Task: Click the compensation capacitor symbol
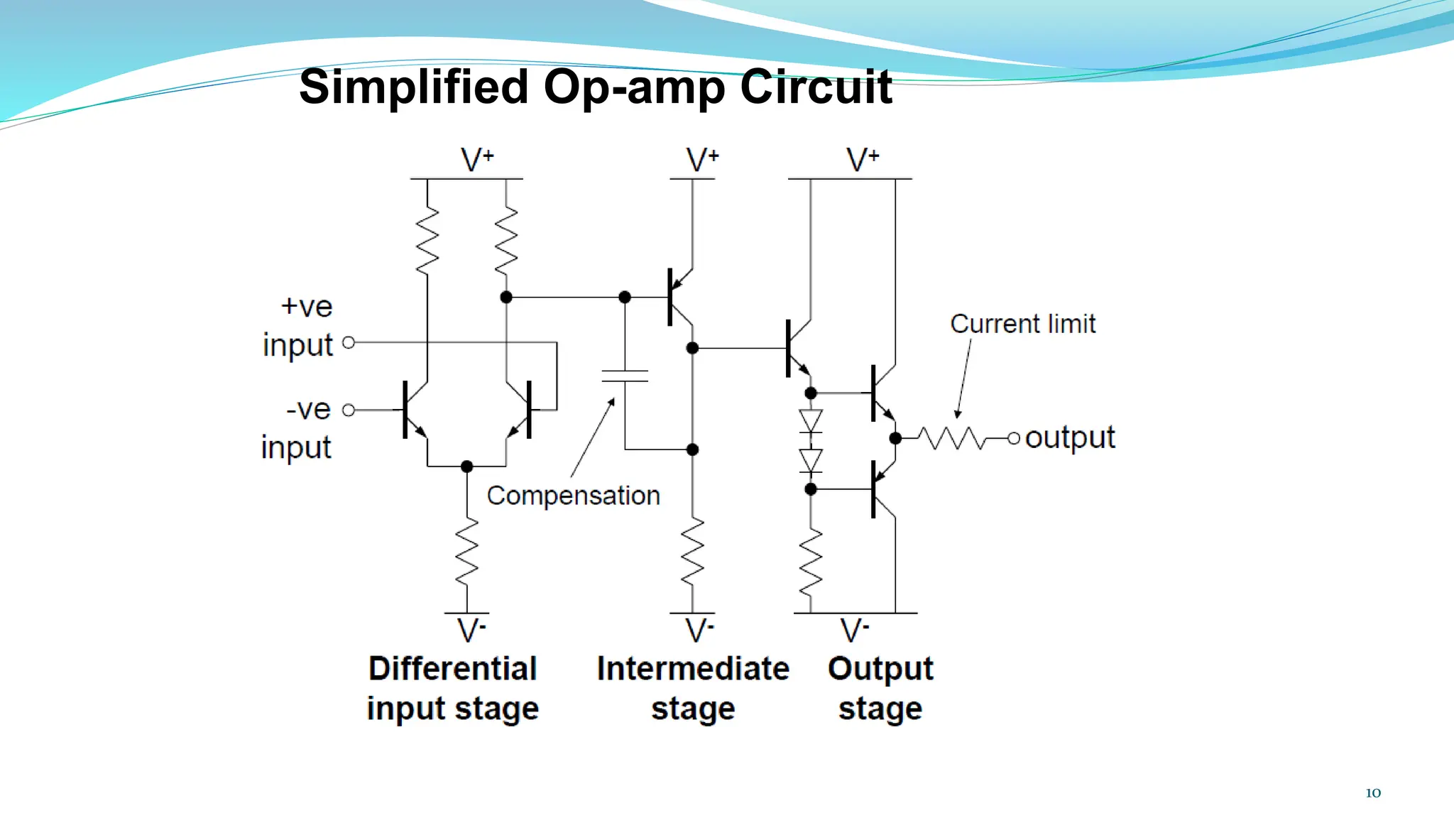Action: [x=625, y=376]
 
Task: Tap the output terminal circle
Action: [x=1014, y=438]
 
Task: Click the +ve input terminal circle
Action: [x=349, y=342]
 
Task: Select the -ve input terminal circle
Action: [x=349, y=410]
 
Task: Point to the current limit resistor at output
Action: [x=951, y=438]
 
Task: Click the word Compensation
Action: [x=573, y=496]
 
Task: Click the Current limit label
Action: [x=1022, y=324]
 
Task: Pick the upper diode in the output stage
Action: [x=811, y=420]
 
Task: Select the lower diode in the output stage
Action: [x=811, y=460]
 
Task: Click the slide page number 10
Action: [x=1373, y=793]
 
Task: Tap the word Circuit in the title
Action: [x=816, y=87]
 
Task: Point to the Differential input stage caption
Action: [x=453, y=688]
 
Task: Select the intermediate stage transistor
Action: [x=678, y=297]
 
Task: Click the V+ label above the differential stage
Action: [x=476, y=159]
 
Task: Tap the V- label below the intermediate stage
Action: [x=699, y=630]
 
